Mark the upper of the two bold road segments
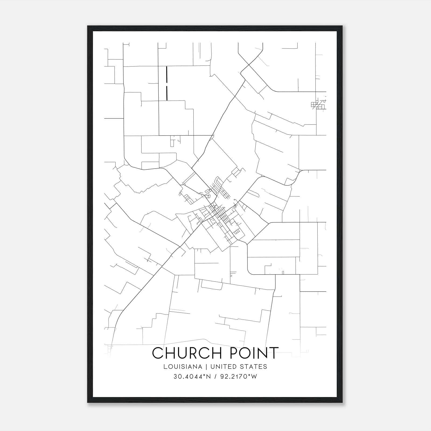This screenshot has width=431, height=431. click(167, 74)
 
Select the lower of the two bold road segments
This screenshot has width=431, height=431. click(167, 93)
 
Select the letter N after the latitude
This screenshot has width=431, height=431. click(206, 377)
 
